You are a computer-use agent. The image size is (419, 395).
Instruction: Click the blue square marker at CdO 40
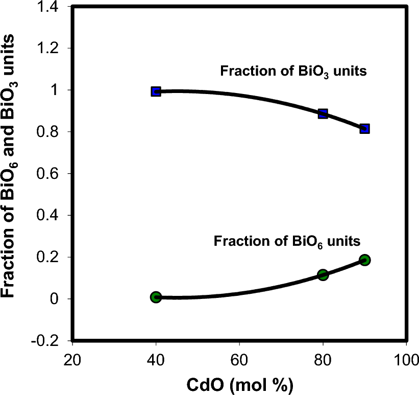tap(156, 91)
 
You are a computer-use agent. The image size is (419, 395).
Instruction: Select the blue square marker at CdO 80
tap(323, 113)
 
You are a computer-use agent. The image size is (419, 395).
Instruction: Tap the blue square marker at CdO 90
tap(364, 129)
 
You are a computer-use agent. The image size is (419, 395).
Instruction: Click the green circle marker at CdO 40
tap(156, 297)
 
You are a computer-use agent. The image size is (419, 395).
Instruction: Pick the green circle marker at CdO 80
tap(323, 275)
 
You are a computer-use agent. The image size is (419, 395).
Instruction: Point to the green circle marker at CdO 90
tap(364, 260)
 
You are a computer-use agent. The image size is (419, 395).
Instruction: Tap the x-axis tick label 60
tap(239, 357)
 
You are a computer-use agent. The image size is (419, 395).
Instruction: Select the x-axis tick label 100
tap(406, 357)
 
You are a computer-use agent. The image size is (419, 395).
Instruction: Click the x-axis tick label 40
tap(156, 357)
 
